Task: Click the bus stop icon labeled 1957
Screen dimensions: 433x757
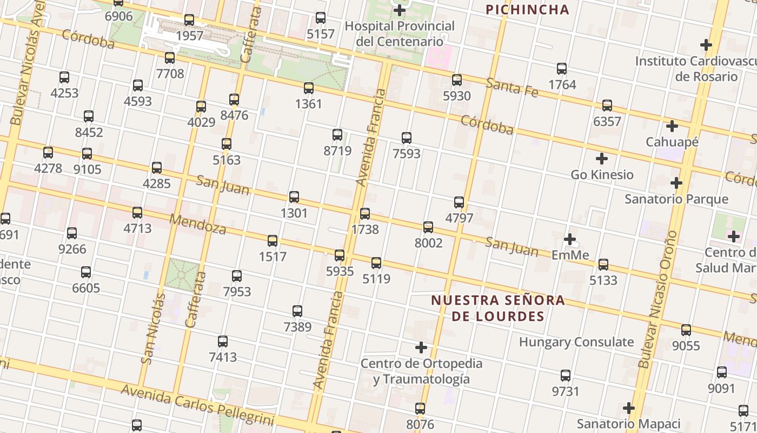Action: pyautogui.click(x=189, y=20)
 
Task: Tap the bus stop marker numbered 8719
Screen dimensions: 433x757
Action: pyautogui.click(x=337, y=135)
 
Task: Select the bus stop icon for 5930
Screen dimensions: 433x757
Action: pyautogui.click(x=457, y=80)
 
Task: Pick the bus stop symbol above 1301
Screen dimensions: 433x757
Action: pyautogui.click(x=294, y=197)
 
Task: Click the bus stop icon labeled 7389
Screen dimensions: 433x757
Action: pyautogui.click(x=297, y=311)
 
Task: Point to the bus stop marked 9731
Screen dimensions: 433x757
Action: pyautogui.click(x=566, y=375)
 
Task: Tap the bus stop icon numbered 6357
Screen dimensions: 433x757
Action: pyautogui.click(x=607, y=106)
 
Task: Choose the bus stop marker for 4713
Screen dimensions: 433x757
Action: pyautogui.click(x=137, y=212)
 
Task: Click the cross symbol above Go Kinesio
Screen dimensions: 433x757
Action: pyautogui.click(x=602, y=159)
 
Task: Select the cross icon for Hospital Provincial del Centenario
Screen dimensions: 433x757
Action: pyautogui.click(x=400, y=10)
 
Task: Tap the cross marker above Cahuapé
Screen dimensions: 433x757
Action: pyautogui.click(x=672, y=126)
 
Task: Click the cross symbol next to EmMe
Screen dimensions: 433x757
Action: pyautogui.click(x=570, y=239)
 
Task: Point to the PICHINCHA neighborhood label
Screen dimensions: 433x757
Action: pyautogui.click(x=527, y=9)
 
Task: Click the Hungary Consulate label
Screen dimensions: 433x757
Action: pyautogui.click(x=576, y=342)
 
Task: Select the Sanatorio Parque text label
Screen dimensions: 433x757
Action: pyautogui.click(x=676, y=199)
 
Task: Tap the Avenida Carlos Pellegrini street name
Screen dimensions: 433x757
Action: pyautogui.click(x=197, y=405)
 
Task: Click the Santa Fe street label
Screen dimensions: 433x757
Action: pyautogui.click(x=512, y=87)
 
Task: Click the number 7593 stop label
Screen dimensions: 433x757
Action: pyautogui.click(x=407, y=154)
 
